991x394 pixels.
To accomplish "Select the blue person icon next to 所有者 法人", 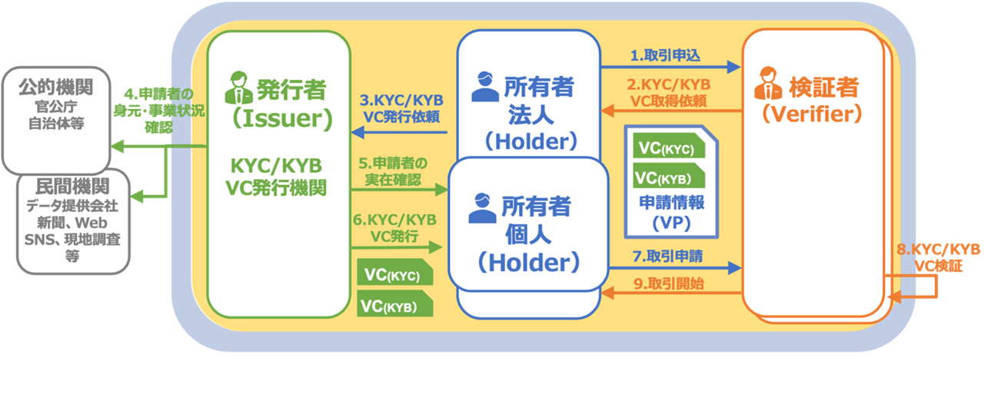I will click(484, 88).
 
